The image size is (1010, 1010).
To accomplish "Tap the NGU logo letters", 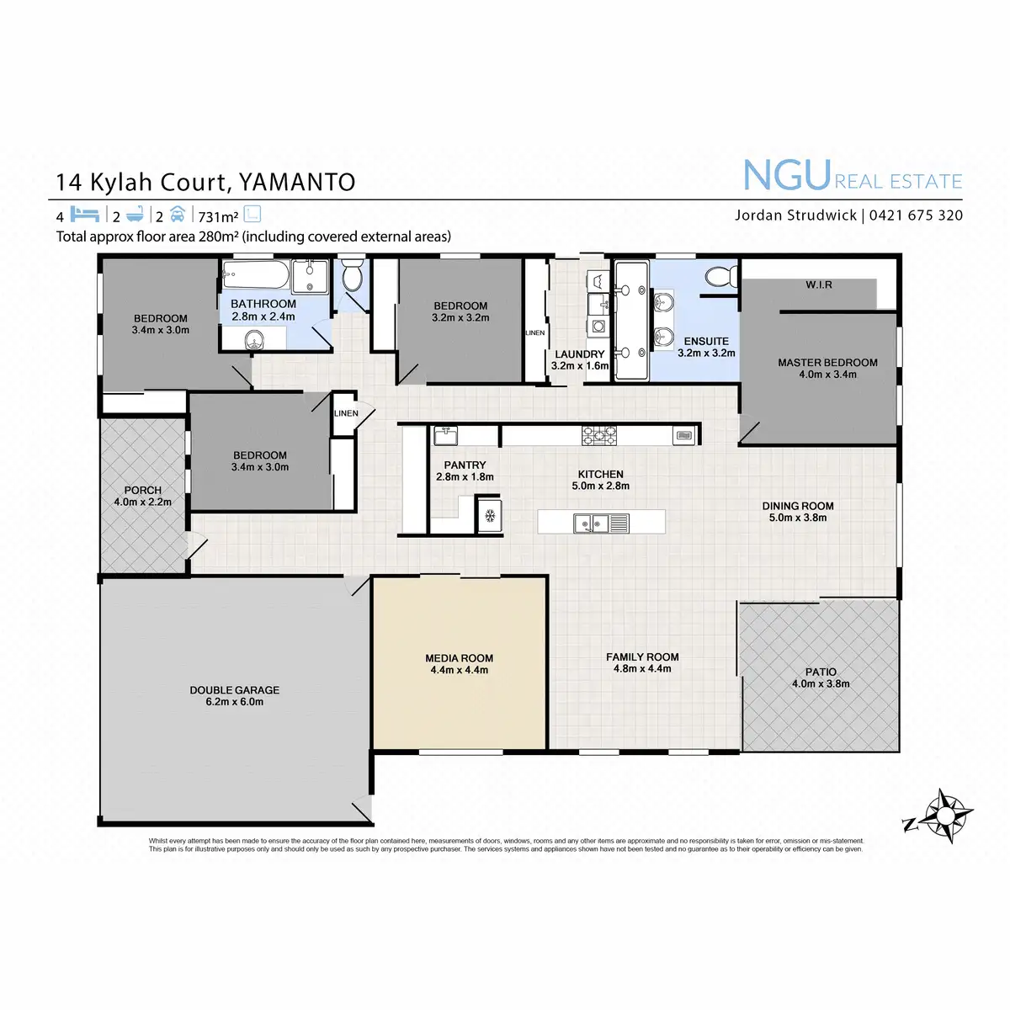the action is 787,175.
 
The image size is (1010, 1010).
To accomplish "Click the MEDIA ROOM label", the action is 459,658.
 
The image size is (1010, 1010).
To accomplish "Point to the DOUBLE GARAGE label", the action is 234,690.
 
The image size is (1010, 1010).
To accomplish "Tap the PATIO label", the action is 821,672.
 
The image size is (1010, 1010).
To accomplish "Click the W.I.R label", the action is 818,285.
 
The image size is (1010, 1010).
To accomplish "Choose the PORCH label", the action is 142,490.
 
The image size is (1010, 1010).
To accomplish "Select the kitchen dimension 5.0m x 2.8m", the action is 601,486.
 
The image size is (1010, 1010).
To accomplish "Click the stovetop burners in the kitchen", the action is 598,435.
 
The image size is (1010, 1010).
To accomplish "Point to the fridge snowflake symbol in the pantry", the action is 489,514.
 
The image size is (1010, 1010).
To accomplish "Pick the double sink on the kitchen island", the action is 592,524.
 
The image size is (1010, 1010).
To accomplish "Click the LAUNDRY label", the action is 579,354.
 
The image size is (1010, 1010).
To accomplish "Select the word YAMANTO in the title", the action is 297,182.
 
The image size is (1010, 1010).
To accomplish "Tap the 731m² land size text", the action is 218,216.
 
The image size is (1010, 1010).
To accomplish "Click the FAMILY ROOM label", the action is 642,656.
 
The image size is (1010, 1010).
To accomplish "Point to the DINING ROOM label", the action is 798,506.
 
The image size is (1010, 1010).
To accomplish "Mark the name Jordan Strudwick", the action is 795,215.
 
